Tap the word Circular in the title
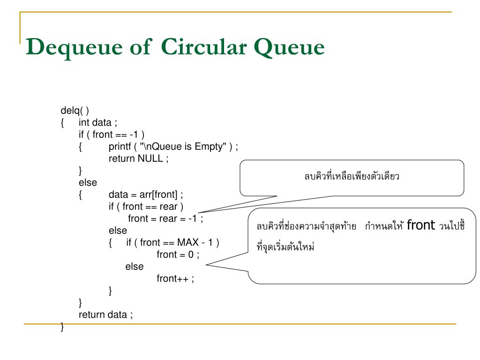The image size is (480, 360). [204, 47]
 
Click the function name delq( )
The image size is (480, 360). [75, 111]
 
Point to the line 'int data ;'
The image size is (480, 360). [97, 122]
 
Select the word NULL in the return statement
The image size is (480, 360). [150, 158]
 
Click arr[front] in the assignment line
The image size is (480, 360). [158, 195]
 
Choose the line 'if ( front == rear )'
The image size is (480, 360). [146, 207]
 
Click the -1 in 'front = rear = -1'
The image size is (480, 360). [193, 218]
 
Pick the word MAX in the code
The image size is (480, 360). [188, 242]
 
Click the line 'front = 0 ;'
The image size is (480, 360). [178, 255]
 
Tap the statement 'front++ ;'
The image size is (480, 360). [175, 278]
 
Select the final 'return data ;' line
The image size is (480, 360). [105, 315]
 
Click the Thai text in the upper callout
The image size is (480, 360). [352, 176]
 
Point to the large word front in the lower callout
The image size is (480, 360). [421, 225]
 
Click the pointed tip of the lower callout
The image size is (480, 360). [206, 265]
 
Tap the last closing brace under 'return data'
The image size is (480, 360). [62, 327]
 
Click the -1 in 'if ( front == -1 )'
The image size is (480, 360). [134, 135]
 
